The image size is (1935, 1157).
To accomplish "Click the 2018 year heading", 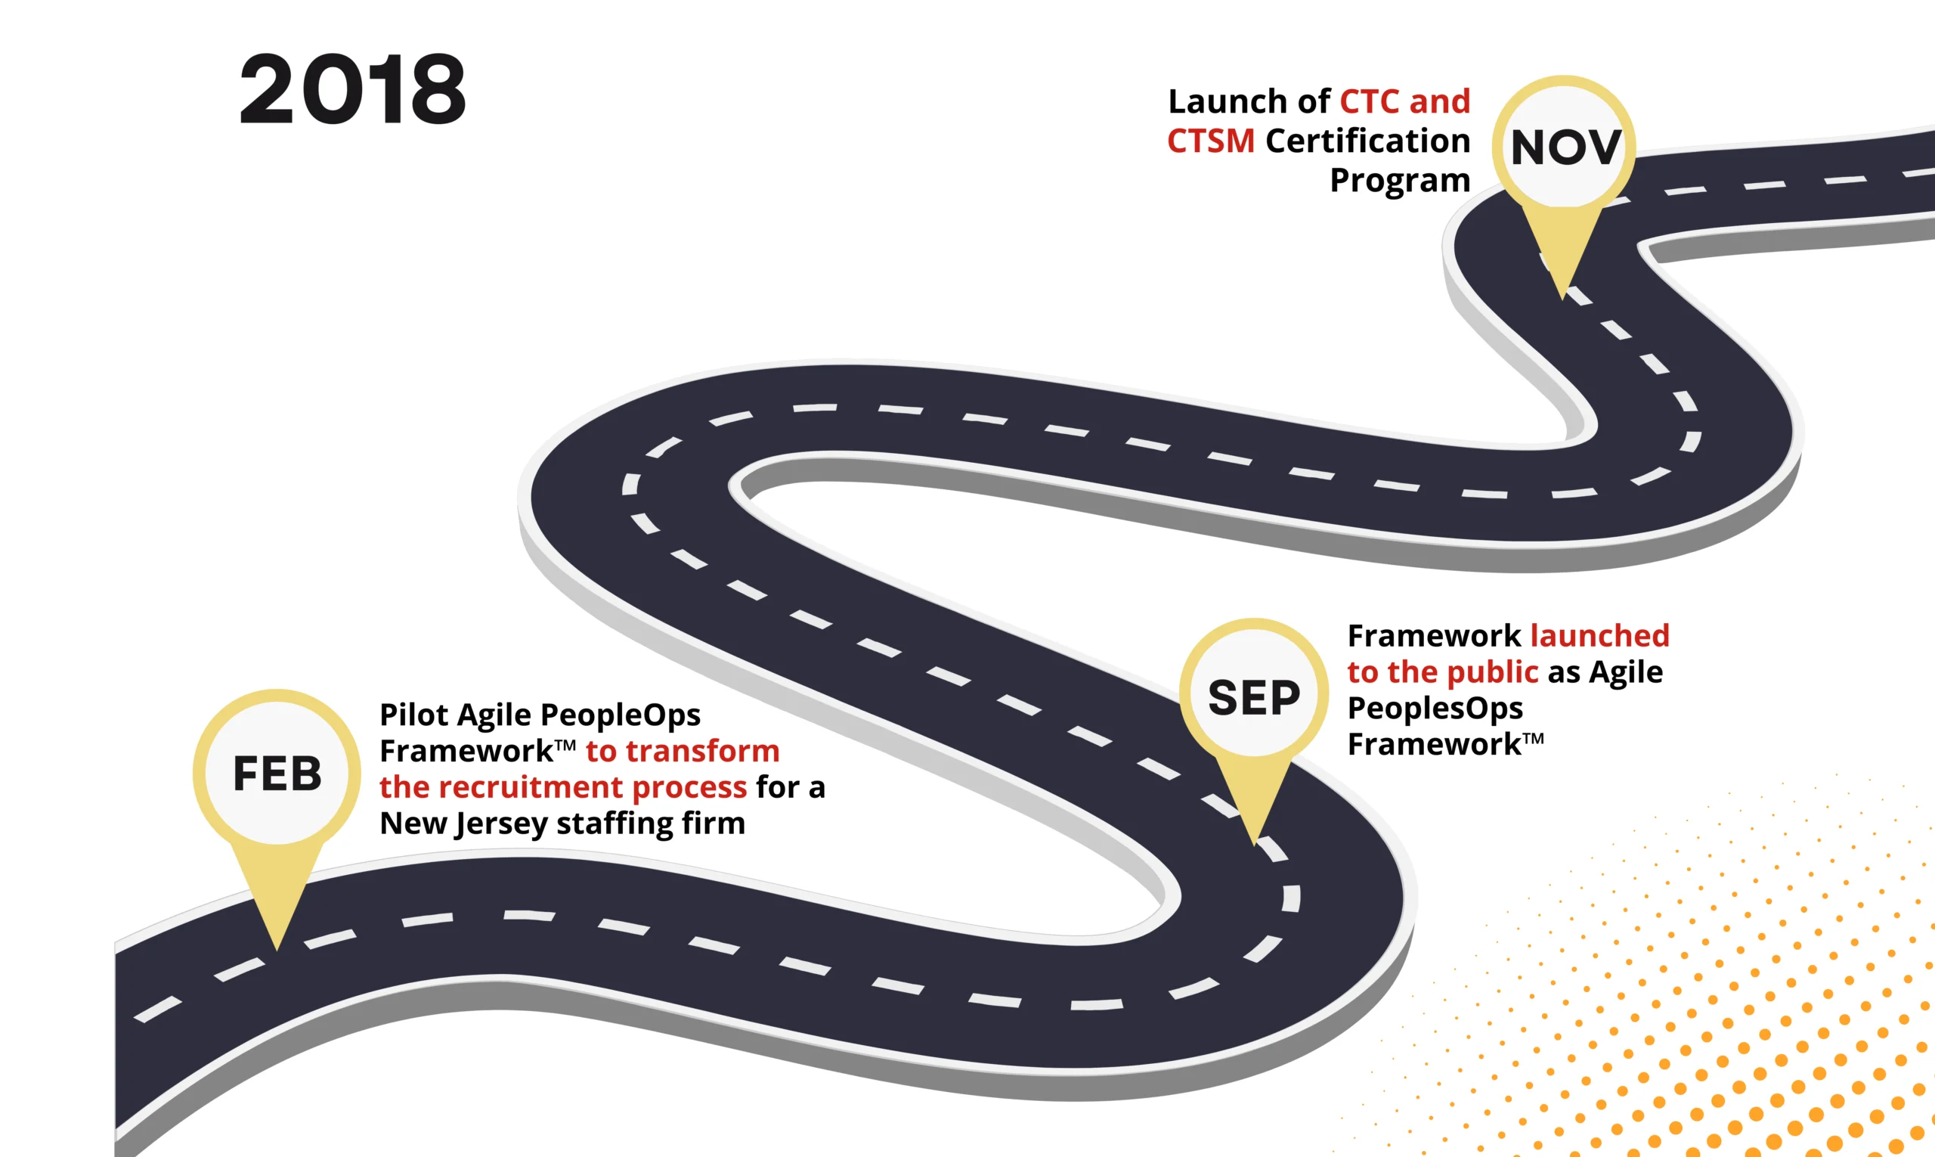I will [x=352, y=89].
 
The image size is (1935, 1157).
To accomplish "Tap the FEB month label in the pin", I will [x=277, y=774].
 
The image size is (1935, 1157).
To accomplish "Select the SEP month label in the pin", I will [x=1254, y=697].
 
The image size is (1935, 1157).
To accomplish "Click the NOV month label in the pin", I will [x=1565, y=147].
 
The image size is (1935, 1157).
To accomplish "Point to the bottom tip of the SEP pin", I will [x=1254, y=844].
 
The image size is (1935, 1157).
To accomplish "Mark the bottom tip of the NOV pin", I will [x=1562, y=298].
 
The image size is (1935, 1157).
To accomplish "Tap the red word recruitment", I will [x=531, y=787].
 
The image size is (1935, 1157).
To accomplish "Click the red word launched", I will [x=1599, y=635].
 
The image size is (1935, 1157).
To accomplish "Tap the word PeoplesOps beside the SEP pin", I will [x=1435, y=708].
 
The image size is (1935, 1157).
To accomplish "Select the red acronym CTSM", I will [x=1210, y=141].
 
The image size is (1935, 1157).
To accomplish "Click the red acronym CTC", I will [x=1368, y=101].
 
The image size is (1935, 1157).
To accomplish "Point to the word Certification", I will [x=1367, y=141].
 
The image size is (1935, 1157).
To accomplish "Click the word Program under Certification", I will [x=1400, y=180].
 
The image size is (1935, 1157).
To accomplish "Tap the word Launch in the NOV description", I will [x=1228, y=101].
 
